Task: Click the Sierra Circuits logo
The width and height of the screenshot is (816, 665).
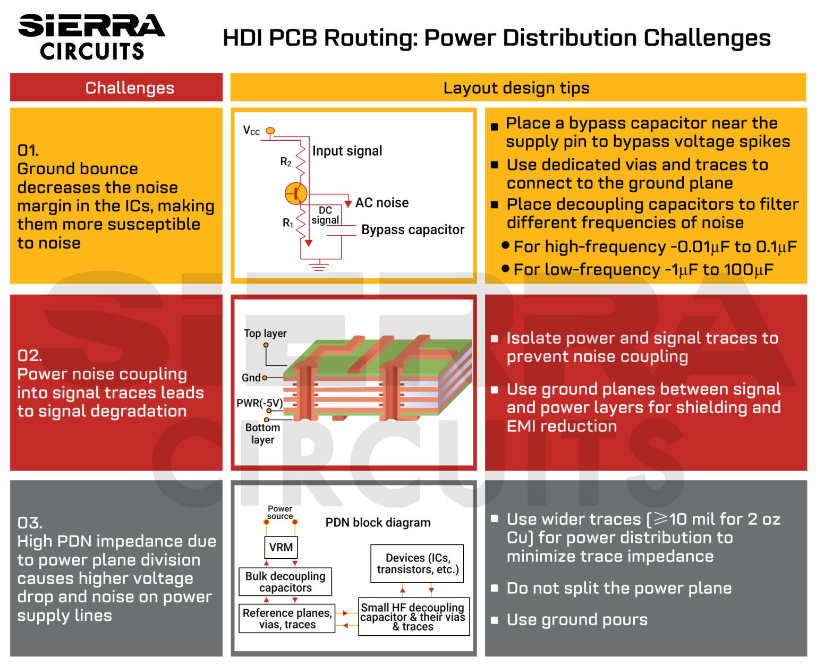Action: tap(91, 36)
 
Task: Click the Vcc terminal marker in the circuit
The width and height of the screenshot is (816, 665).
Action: tap(270, 131)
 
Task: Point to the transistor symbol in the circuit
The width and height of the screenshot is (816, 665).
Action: tap(295, 193)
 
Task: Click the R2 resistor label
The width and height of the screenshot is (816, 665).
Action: tap(286, 161)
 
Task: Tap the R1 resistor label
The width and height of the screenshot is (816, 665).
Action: tap(287, 223)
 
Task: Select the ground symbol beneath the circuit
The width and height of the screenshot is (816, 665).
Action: tap(319, 266)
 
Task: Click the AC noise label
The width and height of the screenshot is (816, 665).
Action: tap(381, 202)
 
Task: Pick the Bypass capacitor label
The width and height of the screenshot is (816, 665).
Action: tap(412, 229)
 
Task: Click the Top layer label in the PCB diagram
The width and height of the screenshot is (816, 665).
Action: tap(265, 333)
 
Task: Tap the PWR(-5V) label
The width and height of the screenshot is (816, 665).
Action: tap(259, 403)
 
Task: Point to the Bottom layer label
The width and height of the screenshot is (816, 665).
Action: tap(262, 433)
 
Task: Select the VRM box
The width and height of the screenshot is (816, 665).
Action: tap(280, 547)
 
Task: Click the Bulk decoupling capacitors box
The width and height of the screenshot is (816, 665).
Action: tap(285, 582)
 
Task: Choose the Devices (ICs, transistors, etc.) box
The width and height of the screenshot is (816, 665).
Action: tap(417, 564)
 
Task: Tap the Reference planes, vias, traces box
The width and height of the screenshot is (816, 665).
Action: tap(287, 618)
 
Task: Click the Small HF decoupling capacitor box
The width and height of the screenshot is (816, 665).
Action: tap(413, 617)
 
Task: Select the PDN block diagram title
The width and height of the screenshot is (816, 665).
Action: tap(378, 523)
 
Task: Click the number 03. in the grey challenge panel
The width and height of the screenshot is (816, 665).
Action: tap(30, 523)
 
